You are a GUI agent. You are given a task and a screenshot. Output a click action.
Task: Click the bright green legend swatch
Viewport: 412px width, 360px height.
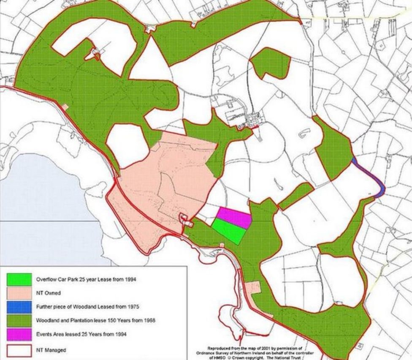pos(19,279)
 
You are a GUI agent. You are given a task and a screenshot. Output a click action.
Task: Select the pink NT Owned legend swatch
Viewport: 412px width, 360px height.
pos(19,293)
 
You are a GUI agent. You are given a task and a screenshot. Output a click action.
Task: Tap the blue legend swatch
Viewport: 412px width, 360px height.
pos(19,306)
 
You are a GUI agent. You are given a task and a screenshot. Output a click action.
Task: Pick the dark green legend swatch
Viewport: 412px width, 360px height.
pos(19,320)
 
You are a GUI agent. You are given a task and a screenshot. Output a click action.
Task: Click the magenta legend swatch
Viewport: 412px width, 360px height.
pos(19,334)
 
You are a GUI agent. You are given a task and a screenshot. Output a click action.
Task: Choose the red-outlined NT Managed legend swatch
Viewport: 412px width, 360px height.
pos(19,349)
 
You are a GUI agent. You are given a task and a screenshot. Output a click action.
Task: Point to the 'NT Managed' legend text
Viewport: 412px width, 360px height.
pos(51,350)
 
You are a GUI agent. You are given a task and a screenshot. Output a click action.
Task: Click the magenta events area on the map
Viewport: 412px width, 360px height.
pos(234,216)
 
